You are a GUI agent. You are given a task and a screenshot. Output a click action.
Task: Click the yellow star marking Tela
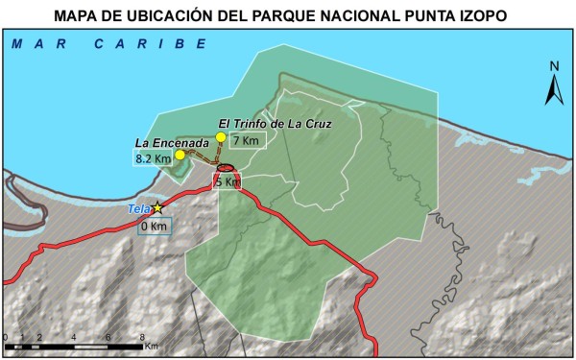pos(157,207)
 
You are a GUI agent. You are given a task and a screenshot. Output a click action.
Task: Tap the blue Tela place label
pos(139,208)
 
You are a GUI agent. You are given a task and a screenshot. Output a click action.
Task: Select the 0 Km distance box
pos(154,227)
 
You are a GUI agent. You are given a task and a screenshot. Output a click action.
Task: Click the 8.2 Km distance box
pos(154,157)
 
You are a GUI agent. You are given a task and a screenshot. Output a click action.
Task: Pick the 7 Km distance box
pos(247,141)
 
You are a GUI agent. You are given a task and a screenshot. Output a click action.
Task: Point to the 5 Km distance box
pos(228,181)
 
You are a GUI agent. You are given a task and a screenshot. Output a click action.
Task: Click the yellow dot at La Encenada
pos(180,155)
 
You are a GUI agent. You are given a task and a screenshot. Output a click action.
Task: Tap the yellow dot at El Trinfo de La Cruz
pos(221,137)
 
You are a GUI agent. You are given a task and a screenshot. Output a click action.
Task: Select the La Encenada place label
pos(169,143)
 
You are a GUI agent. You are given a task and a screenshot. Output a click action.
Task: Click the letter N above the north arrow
pos(554,65)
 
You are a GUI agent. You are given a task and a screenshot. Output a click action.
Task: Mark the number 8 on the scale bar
pos(142,337)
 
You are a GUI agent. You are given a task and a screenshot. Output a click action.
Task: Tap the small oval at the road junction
pos(227,168)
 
